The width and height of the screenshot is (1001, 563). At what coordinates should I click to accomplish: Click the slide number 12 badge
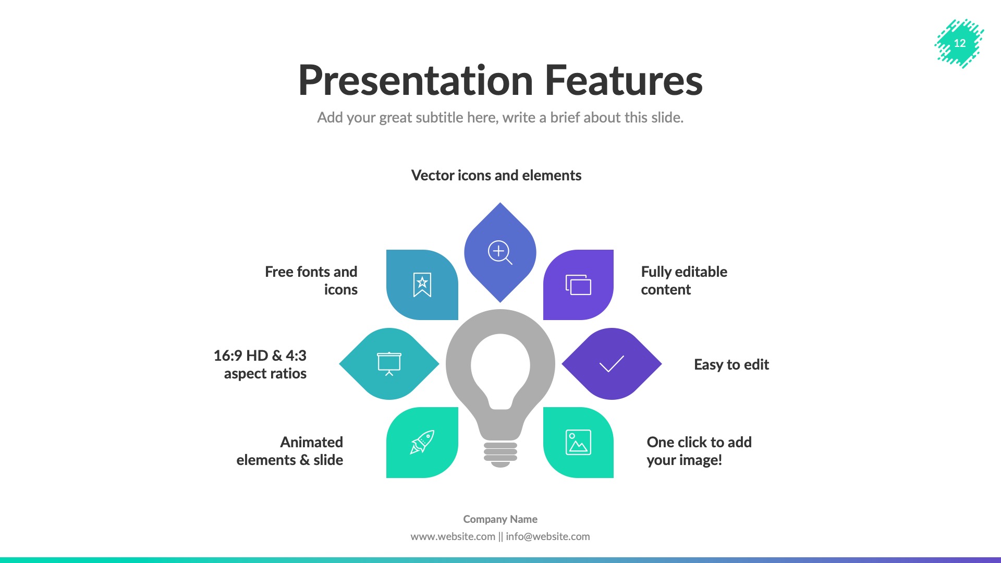coord(959,43)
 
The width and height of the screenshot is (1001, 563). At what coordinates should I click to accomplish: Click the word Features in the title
coord(624,81)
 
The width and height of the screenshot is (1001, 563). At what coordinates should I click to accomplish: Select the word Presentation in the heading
coord(416,81)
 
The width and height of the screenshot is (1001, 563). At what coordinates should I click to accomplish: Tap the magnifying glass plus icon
coord(499,252)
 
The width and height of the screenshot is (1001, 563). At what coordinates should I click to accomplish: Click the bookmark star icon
coord(422,285)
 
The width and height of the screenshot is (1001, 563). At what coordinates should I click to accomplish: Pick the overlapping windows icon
coord(578,285)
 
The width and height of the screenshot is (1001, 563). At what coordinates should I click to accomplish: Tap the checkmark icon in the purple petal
coord(612,364)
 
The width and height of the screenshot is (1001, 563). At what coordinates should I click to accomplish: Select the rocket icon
coord(422,442)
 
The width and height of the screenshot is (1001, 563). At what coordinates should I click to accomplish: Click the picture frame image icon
coord(578,442)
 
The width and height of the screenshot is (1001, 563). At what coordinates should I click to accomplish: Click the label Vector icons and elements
coord(496,175)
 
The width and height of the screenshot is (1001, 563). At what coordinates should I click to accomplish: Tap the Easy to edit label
coord(731,364)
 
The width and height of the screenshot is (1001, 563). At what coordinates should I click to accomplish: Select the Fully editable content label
coord(683,280)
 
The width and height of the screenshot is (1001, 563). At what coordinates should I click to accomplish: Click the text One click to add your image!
coord(699,451)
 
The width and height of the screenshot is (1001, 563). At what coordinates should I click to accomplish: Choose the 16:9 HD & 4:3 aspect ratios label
coord(260,364)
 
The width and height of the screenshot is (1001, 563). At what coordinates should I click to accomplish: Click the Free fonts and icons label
coord(311,280)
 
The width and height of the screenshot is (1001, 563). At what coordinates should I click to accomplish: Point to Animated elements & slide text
coord(290,451)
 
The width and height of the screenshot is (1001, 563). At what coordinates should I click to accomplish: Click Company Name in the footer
coord(500,519)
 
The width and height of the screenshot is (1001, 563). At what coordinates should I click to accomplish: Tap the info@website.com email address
coord(547,536)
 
